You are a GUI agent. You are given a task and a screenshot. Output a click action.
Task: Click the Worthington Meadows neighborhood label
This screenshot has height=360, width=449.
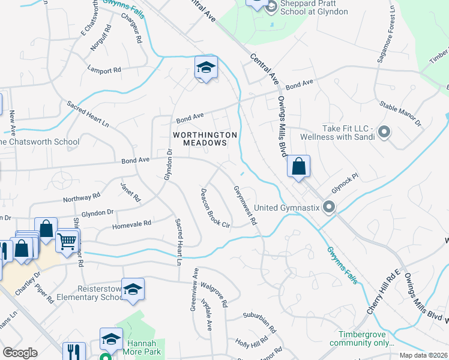tap(205, 139)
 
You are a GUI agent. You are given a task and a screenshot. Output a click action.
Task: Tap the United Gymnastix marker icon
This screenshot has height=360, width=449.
tap(328, 208)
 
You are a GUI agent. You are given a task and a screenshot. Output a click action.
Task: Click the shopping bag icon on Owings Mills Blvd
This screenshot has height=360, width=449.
tap(298, 166)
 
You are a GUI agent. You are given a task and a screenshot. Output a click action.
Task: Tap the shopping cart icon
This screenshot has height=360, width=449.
tap(67, 241)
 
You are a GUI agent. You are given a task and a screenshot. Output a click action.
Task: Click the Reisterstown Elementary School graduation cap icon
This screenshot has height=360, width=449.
tap(133, 289)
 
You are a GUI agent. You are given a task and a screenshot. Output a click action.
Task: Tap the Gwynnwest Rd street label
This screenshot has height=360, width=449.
tap(245, 205)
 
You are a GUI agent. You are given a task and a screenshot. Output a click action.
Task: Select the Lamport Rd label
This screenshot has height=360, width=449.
tap(104, 70)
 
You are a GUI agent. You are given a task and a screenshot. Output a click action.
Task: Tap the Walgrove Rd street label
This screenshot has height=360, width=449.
tap(214, 296)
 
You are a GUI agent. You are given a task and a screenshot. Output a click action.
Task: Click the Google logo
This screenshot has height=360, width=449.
tap(20, 353)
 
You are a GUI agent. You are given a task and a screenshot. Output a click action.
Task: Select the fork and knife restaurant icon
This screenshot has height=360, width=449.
tap(73, 351)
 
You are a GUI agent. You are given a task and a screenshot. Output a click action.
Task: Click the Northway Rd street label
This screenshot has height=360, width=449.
tap(81, 197)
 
